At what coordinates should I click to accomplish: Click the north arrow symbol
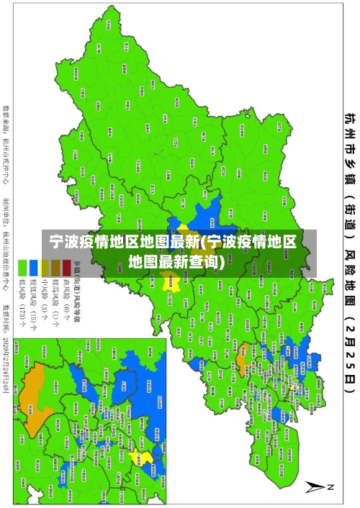(318, 486)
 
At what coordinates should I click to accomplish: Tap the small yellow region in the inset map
(146, 458)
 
